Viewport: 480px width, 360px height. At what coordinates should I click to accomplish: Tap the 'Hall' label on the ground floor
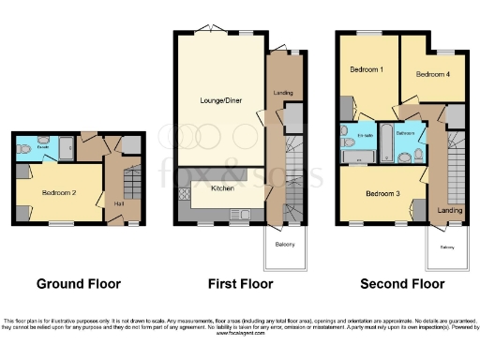click(x=119, y=202)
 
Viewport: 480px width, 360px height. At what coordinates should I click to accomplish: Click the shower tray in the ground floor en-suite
click(x=67, y=147)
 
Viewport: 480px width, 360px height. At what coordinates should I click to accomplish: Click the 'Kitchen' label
click(x=222, y=188)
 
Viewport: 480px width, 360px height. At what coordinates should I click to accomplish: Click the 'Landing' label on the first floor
click(x=282, y=93)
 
